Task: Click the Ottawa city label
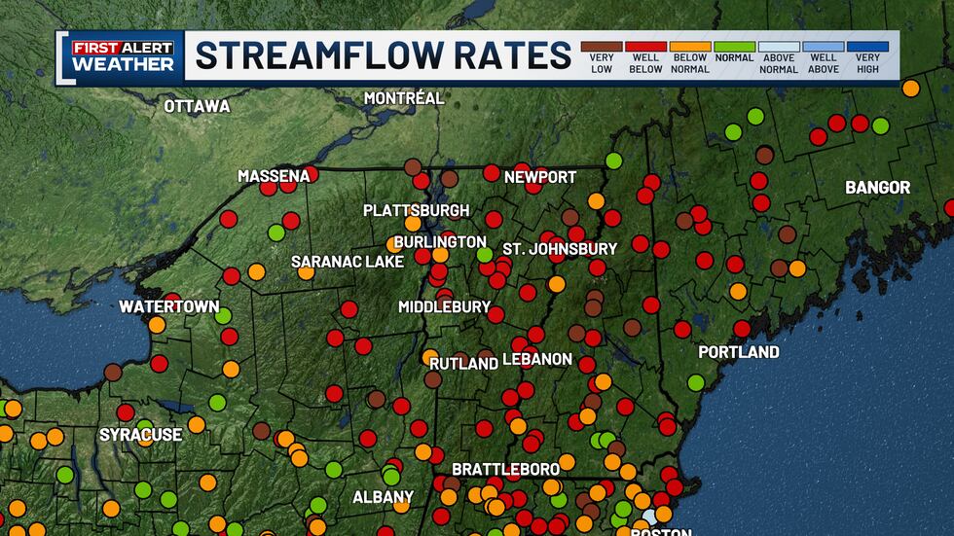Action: pyautogui.click(x=197, y=106)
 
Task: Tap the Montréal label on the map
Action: pyautogui.click(x=403, y=98)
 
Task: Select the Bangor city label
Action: pyautogui.click(x=877, y=187)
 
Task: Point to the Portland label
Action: pyautogui.click(x=739, y=351)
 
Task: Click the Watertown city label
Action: pyautogui.click(x=169, y=306)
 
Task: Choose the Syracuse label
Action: pyautogui.click(x=140, y=434)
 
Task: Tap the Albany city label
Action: pyautogui.click(x=383, y=497)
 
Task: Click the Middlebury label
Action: pyautogui.click(x=444, y=306)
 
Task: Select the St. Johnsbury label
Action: pyautogui.click(x=560, y=248)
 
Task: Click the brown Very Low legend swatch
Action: pyautogui.click(x=600, y=47)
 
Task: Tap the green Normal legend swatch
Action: pyautogui.click(x=734, y=47)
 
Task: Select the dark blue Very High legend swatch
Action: pyautogui.click(x=867, y=47)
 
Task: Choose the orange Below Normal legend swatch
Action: pyautogui.click(x=689, y=47)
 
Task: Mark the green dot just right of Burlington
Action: pyautogui.click(x=484, y=255)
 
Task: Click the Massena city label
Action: pyautogui.click(x=273, y=176)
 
